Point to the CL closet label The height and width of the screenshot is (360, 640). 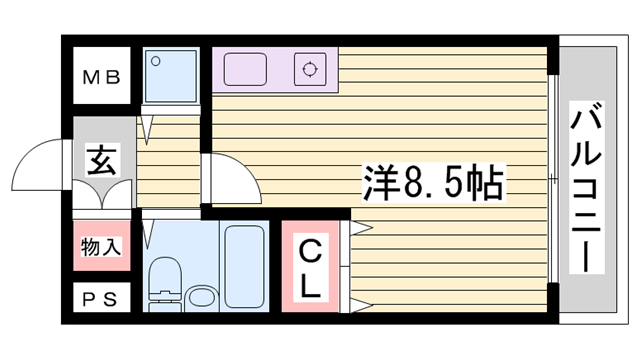coord(311,267)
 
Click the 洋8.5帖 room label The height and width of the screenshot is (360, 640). coord(432,181)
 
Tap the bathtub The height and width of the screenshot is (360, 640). coord(242,264)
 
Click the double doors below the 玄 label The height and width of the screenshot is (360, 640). coord(102,194)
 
